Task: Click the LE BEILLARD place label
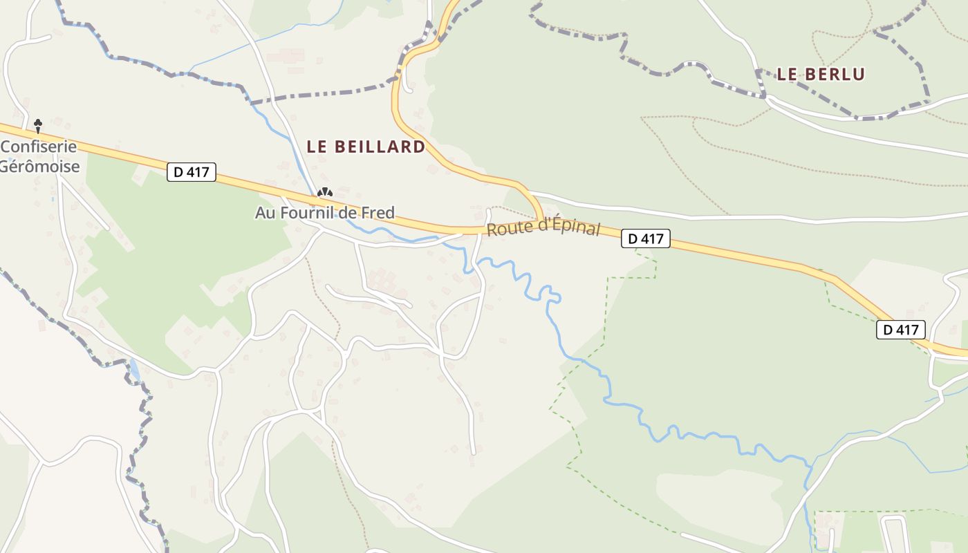(366, 147)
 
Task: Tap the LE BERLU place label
(821, 74)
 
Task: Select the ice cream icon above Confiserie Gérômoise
(38, 125)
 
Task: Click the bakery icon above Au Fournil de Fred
(324, 193)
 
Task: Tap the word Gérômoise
(40, 167)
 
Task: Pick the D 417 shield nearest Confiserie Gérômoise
(192, 172)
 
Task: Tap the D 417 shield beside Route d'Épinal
(646, 239)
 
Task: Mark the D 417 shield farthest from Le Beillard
(901, 330)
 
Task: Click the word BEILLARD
(380, 147)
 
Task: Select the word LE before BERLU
(788, 74)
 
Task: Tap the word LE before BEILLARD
(317, 147)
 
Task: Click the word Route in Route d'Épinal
(503, 228)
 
